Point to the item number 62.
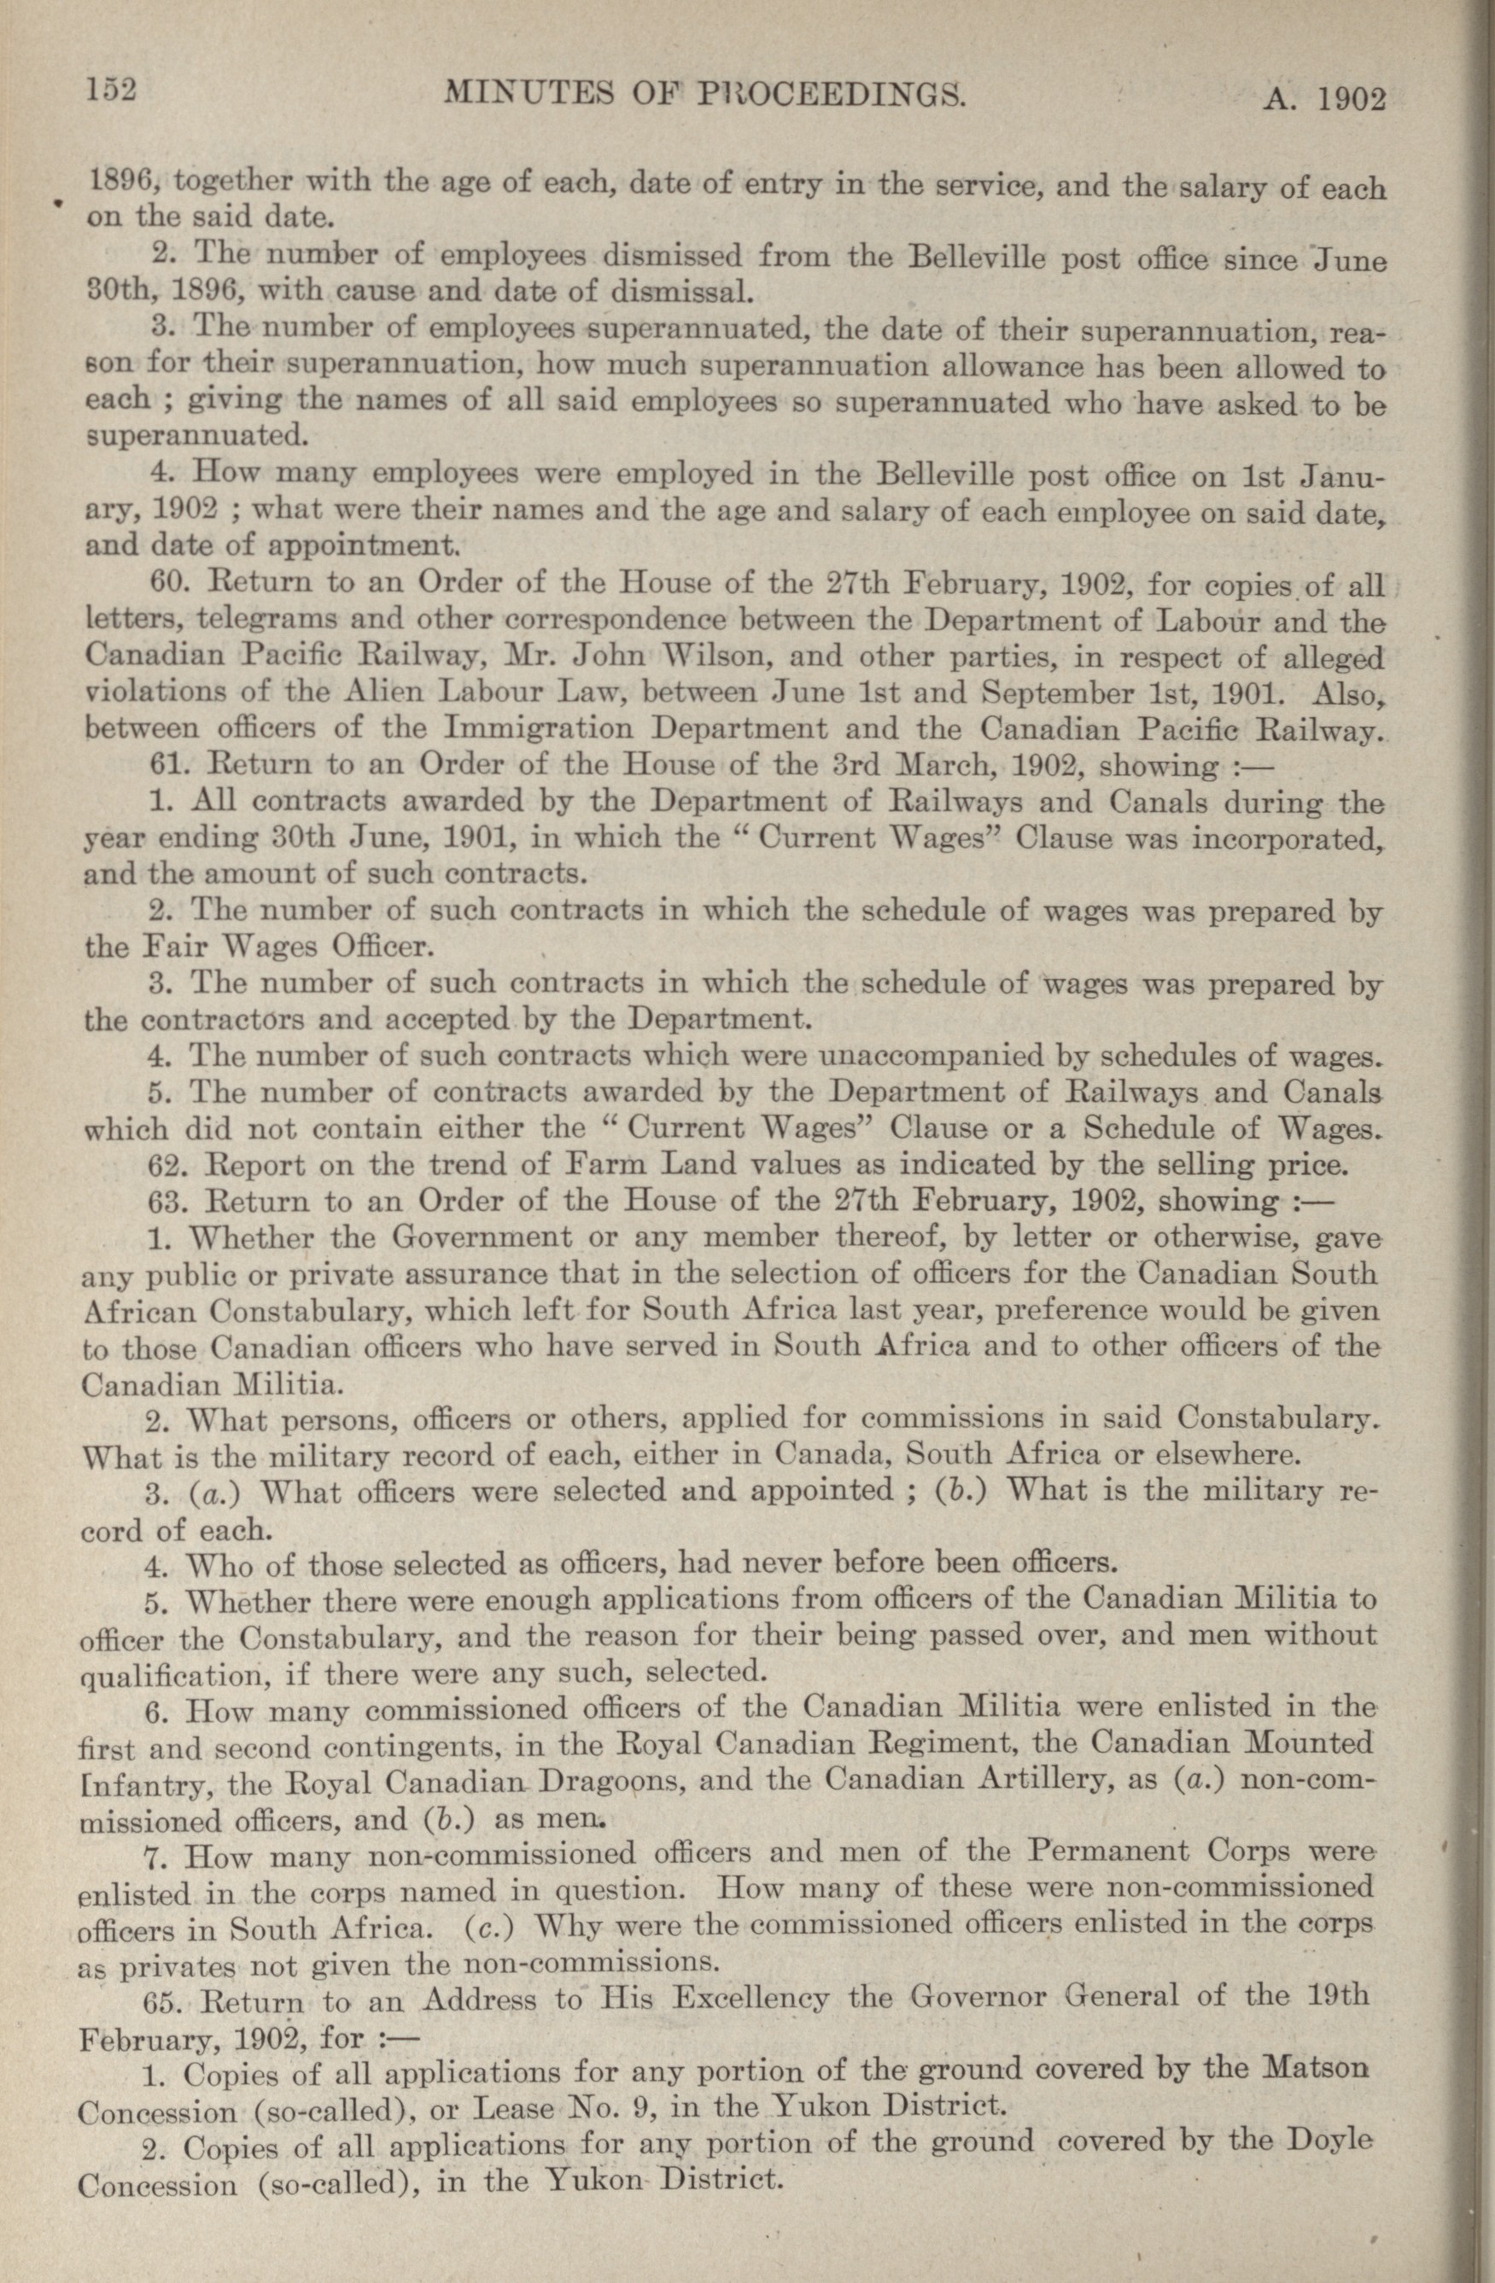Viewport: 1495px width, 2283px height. pyautogui.click(x=170, y=1166)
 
